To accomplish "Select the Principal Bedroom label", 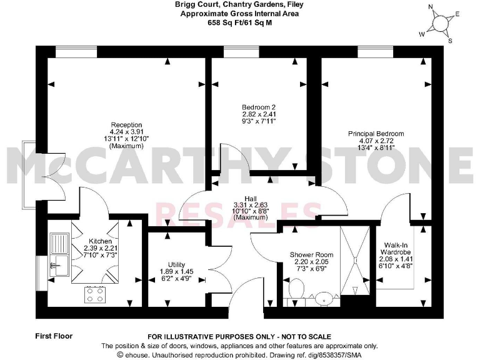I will (376, 134).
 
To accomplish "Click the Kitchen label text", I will (100, 241).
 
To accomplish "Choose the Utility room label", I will (167, 264).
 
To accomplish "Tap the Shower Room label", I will (311, 255).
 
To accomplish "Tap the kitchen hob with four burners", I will (96, 294).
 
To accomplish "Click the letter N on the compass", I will (430, 7).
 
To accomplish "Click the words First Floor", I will (54, 336).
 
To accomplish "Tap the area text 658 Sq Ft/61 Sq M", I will (241, 22).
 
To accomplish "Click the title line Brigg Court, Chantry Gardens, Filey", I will (241, 4).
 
